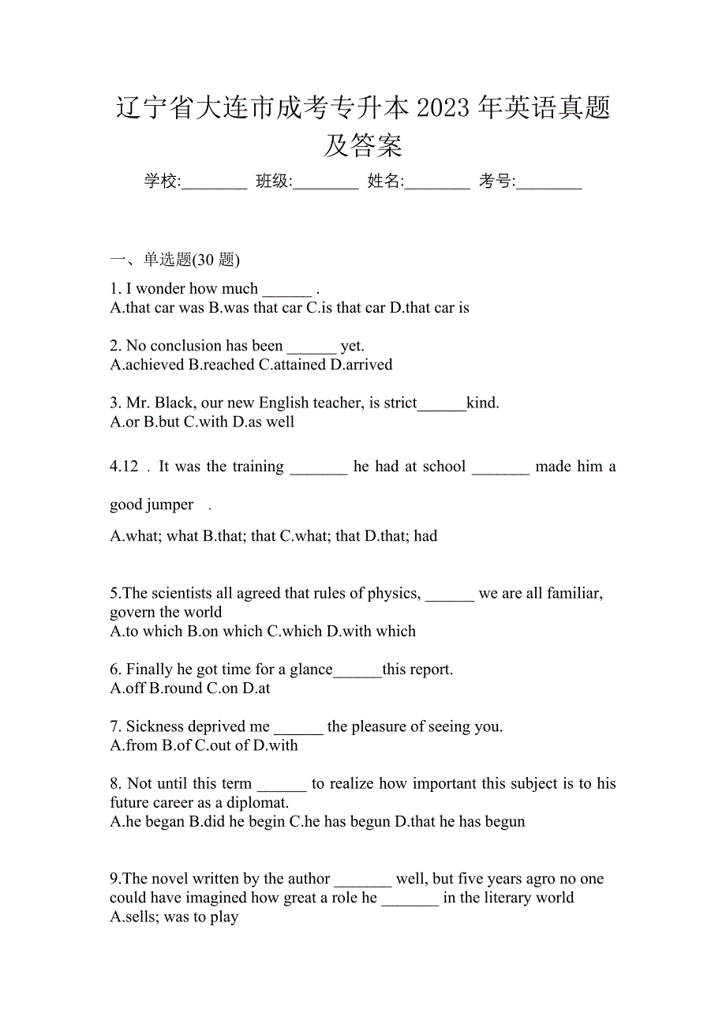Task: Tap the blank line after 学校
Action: (214, 183)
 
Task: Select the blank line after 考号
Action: (549, 183)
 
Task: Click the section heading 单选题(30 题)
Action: (192, 260)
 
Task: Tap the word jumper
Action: (170, 505)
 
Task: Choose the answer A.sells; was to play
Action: (174, 917)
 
